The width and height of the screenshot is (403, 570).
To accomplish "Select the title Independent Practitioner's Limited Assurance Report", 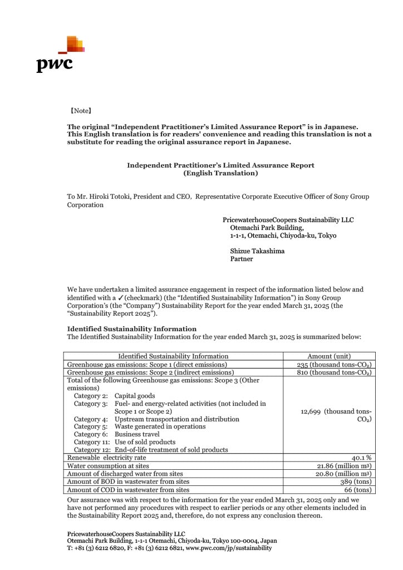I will pyautogui.click(x=220, y=165).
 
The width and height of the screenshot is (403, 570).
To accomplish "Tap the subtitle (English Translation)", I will pyautogui.click(x=220, y=173).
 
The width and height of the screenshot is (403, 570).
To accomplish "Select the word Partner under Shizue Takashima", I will pyautogui.click(x=242, y=259).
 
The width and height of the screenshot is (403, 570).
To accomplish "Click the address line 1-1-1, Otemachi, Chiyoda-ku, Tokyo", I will pyautogui.click(x=283, y=235).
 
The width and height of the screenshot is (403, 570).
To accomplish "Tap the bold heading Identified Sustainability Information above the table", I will pyautogui.click(x=131, y=329).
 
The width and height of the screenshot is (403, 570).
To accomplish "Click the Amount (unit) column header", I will pyautogui.click(x=329, y=356).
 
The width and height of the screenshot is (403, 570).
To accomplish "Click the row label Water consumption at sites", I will pyautogui.click(x=108, y=466).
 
